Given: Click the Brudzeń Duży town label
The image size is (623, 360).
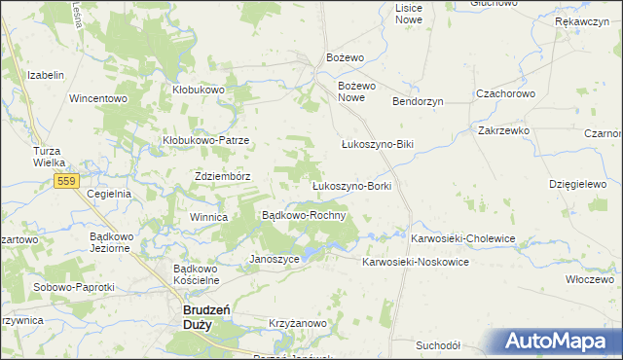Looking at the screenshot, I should click(206, 317).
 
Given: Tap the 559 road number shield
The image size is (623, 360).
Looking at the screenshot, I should click(67, 182).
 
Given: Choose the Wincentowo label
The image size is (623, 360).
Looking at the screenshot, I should click(98, 98).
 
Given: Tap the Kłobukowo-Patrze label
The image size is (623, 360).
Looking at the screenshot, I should click(205, 140).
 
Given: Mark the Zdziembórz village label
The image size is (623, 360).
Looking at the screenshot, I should click(223, 176).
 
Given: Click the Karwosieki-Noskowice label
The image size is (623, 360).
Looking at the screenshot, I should click(416, 263).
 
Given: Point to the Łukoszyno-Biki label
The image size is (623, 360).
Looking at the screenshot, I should click(378, 145).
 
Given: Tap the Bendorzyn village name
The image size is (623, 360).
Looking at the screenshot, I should click(418, 101).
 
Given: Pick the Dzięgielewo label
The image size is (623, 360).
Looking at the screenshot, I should click(577, 183).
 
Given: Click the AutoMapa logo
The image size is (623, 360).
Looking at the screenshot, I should click(558, 342).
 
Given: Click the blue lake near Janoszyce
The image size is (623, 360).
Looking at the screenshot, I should click(311, 252).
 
